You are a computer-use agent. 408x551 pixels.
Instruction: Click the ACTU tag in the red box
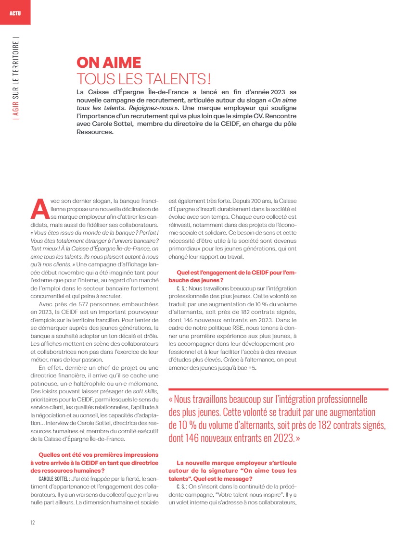tap(14, 12)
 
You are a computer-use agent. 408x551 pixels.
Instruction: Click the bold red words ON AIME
tap(109, 63)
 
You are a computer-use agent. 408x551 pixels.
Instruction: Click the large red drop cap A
tap(38, 208)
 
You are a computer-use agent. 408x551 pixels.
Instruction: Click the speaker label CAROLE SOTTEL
tap(54, 479)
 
